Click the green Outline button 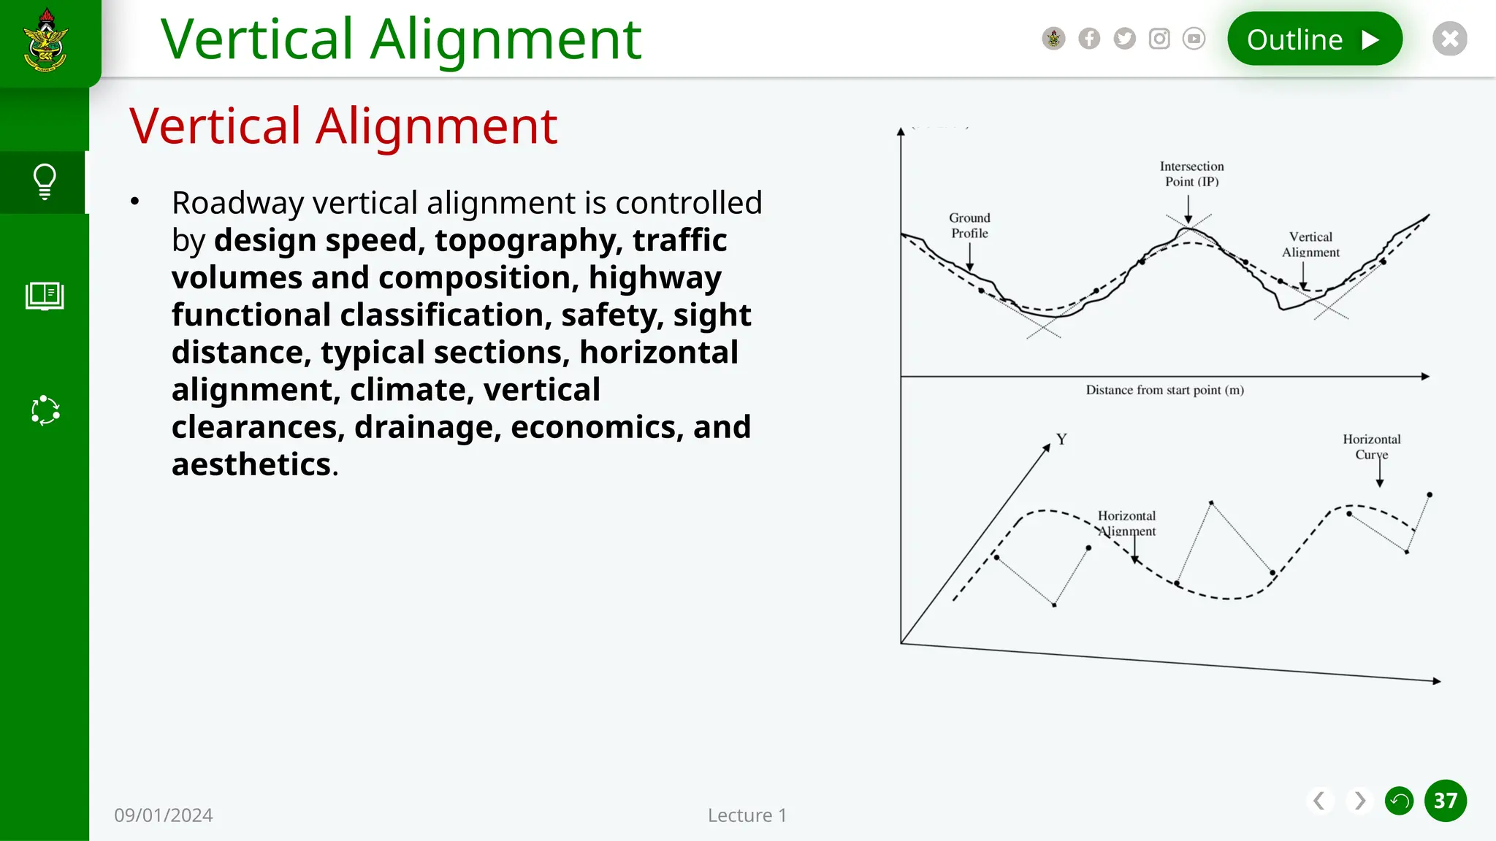(x=1314, y=39)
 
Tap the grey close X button (x=1449, y=39)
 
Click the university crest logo (x=46, y=40)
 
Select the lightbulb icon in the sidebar (x=45, y=182)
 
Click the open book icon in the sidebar (x=45, y=296)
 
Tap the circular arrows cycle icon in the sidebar (x=45, y=410)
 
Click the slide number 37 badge (x=1445, y=801)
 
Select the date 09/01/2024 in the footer (x=164, y=815)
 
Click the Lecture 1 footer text (x=747, y=815)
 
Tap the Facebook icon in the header (x=1089, y=39)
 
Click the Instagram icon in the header (x=1159, y=39)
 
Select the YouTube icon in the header (x=1194, y=39)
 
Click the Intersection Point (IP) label (x=1191, y=174)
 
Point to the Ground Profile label (x=969, y=226)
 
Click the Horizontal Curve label (x=1371, y=447)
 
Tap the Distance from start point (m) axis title (x=1164, y=391)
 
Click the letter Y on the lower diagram (x=1061, y=439)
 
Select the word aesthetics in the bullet (x=252, y=464)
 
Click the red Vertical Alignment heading (x=343, y=126)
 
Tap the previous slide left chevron (x=1318, y=801)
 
